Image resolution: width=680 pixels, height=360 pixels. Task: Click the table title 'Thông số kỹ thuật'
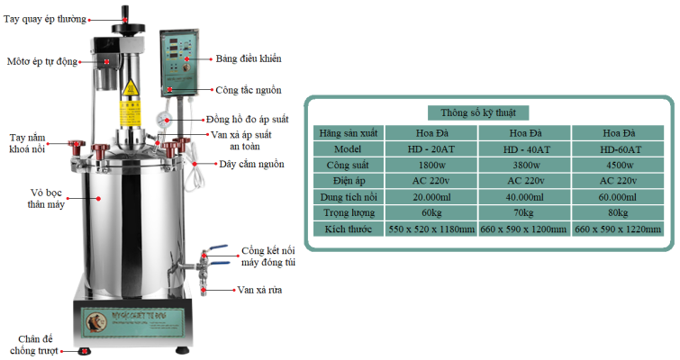pos(485,112)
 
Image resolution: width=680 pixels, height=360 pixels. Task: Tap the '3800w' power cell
pos(525,165)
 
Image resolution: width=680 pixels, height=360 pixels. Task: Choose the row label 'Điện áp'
pos(347,181)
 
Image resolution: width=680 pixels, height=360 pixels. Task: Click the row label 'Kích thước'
pos(347,229)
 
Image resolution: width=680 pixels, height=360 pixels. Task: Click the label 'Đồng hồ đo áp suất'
pos(247,119)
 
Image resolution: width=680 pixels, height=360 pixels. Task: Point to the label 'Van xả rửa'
pos(258,291)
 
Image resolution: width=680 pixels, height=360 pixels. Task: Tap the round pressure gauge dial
pos(170,121)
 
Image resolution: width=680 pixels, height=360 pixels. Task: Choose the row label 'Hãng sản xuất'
pos(347,132)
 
